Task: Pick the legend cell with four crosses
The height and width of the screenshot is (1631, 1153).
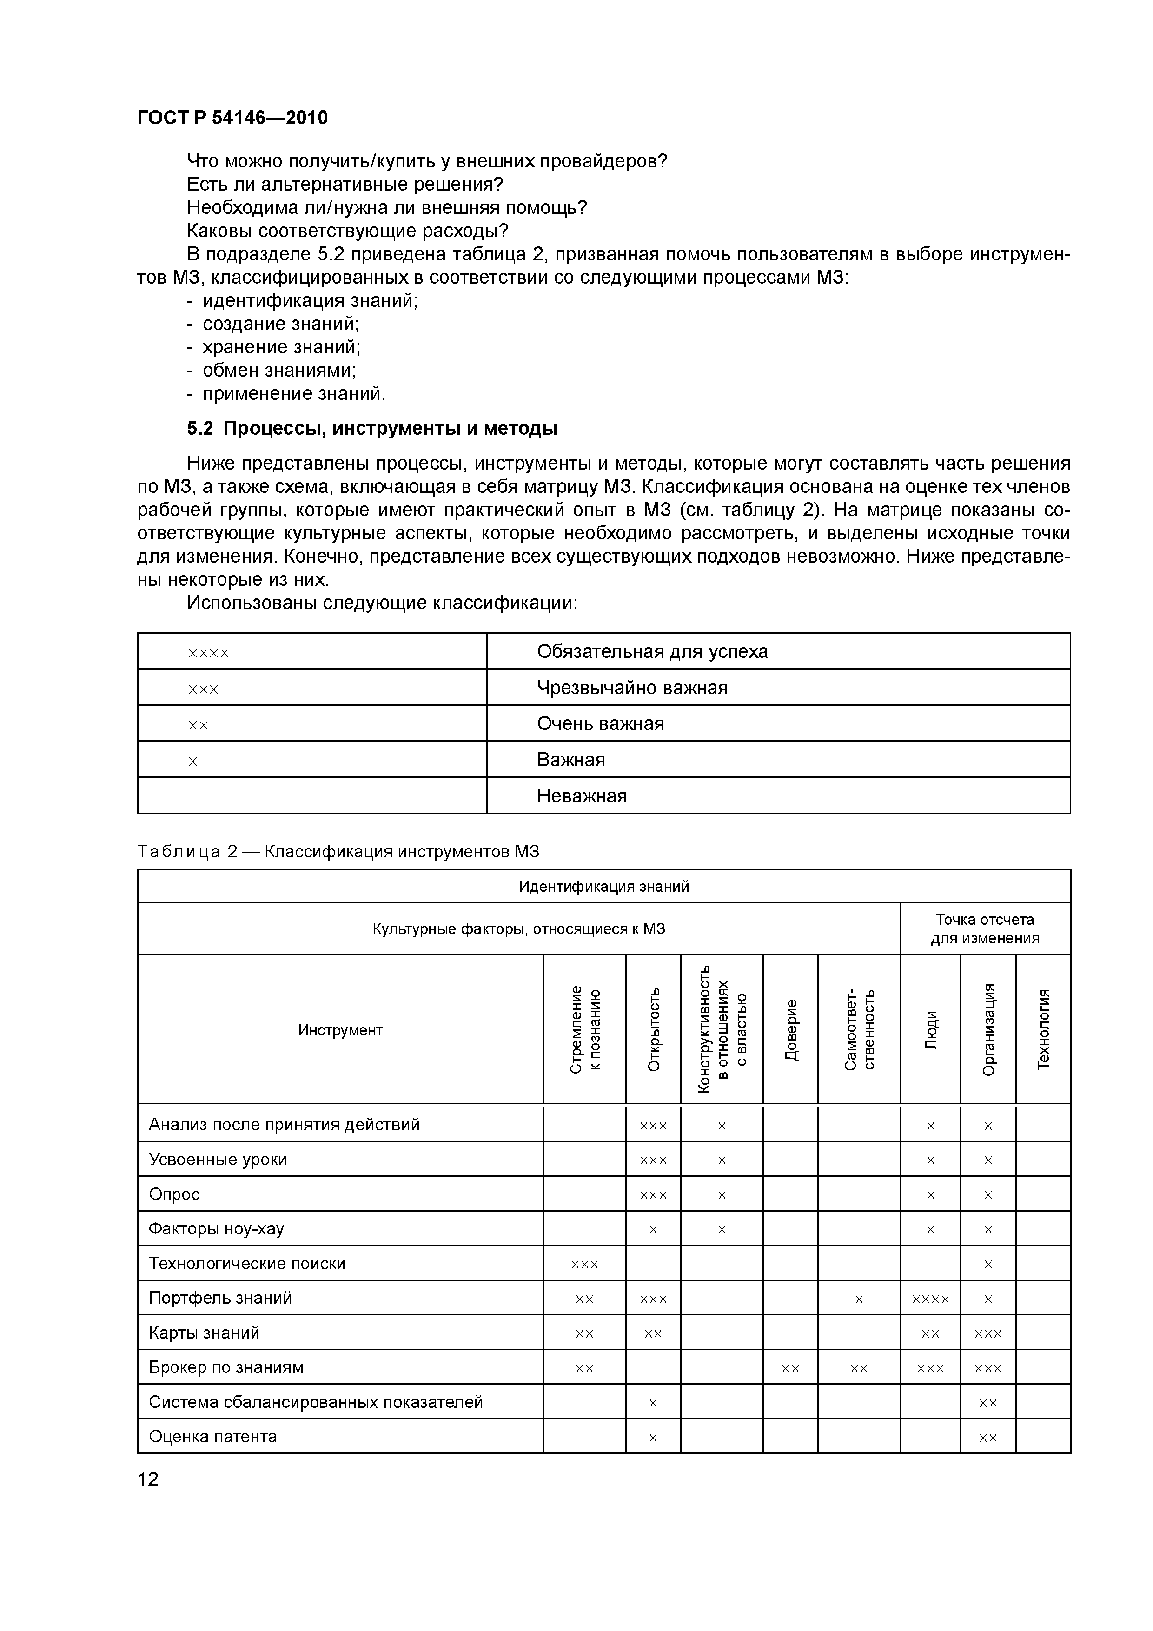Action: [x=209, y=652]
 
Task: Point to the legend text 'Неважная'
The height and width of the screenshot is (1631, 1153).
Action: [x=582, y=796]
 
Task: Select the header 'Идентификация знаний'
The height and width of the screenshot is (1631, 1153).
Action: [x=604, y=887]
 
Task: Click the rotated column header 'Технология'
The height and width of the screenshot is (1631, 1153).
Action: [x=1043, y=1029]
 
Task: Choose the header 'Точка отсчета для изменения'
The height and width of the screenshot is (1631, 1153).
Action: [x=985, y=928]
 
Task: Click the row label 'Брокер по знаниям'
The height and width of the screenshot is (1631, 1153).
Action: [x=226, y=1367]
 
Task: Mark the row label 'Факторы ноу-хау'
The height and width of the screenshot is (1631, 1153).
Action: [x=216, y=1228]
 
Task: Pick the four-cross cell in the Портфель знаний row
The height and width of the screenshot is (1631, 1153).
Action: [x=930, y=1299]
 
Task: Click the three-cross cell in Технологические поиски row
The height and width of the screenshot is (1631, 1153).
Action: [x=585, y=1264]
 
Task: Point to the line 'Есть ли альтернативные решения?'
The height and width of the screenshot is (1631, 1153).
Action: [x=345, y=185]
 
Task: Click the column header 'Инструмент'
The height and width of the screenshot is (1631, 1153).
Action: [x=340, y=1030]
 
